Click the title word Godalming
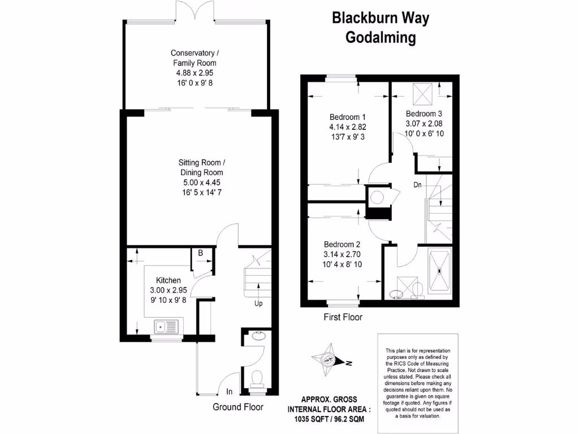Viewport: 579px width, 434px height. (x=381, y=38)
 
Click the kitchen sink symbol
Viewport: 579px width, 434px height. (x=166, y=326)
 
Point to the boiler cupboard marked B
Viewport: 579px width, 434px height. (x=200, y=254)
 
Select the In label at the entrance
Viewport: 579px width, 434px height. (x=230, y=392)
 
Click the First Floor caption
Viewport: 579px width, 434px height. (x=343, y=317)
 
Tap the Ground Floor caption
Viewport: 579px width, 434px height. (x=237, y=407)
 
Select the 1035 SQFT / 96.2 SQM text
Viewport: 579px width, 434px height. (x=329, y=419)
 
